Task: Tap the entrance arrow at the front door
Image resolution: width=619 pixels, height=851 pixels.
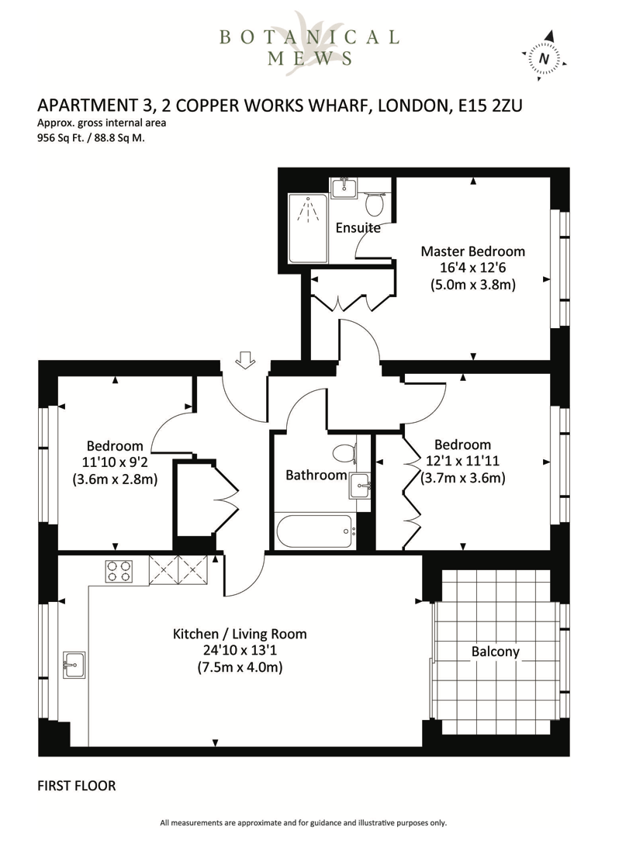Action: (245, 360)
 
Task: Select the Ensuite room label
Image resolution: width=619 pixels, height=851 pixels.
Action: (358, 228)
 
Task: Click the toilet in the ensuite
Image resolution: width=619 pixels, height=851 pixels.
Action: (375, 204)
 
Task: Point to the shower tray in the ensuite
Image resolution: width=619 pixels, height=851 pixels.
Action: (308, 228)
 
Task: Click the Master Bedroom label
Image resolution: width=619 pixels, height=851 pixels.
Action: (472, 251)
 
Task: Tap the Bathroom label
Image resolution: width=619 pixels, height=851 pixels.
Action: (316, 475)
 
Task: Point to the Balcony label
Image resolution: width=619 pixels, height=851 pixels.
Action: (495, 652)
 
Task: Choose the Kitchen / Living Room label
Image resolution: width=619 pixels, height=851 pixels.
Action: (240, 634)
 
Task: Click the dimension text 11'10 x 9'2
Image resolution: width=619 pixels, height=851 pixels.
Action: (115, 462)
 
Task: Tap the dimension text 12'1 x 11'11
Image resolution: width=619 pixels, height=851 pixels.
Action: (462, 462)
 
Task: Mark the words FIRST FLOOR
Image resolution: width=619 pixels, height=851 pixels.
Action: (77, 786)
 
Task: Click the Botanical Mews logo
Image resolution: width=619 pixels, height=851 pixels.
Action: (309, 45)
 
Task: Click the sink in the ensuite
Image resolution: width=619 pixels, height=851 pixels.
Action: (343, 187)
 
